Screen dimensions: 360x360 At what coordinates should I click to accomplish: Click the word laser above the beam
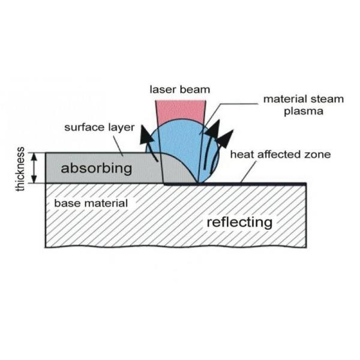[161, 90]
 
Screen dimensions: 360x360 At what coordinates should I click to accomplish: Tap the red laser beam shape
[180, 109]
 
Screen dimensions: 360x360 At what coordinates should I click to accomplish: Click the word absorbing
[96, 168]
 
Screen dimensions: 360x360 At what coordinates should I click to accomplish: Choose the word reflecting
[239, 222]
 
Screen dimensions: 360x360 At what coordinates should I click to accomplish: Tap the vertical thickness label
[21, 169]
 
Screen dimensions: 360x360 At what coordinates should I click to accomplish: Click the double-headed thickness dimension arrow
[34, 168]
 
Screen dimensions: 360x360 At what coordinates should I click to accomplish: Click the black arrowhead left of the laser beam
[144, 133]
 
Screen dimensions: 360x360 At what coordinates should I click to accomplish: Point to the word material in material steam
[284, 99]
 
